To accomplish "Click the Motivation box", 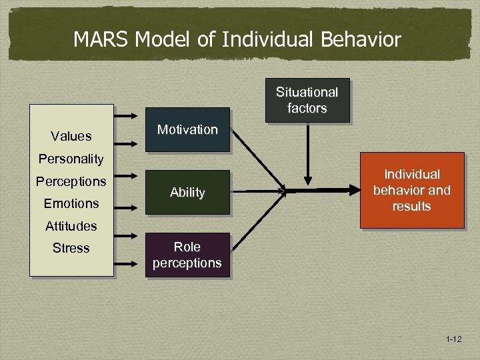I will [187, 130].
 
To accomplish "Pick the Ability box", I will [187, 193].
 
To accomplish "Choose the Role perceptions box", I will [187, 255].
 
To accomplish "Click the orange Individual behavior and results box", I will [411, 191].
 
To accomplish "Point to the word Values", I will [71, 137].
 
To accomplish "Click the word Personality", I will [71, 159].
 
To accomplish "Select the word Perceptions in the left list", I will [71, 181].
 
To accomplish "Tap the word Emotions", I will [71, 203].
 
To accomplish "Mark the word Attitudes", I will [71, 226].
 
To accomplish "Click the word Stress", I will [71, 248].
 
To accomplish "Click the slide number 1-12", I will [454, 340].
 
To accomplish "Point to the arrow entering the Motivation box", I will [129, 130].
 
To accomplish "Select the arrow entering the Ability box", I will [129, 192].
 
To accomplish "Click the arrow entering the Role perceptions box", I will [129, 255].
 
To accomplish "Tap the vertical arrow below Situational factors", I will [307, 153].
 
